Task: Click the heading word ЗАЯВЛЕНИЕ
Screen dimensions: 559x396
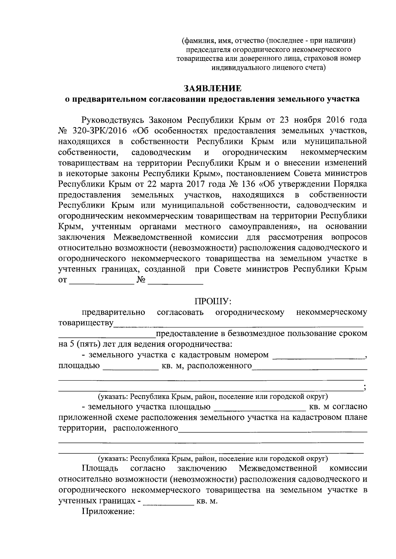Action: (x=212, y=88)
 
